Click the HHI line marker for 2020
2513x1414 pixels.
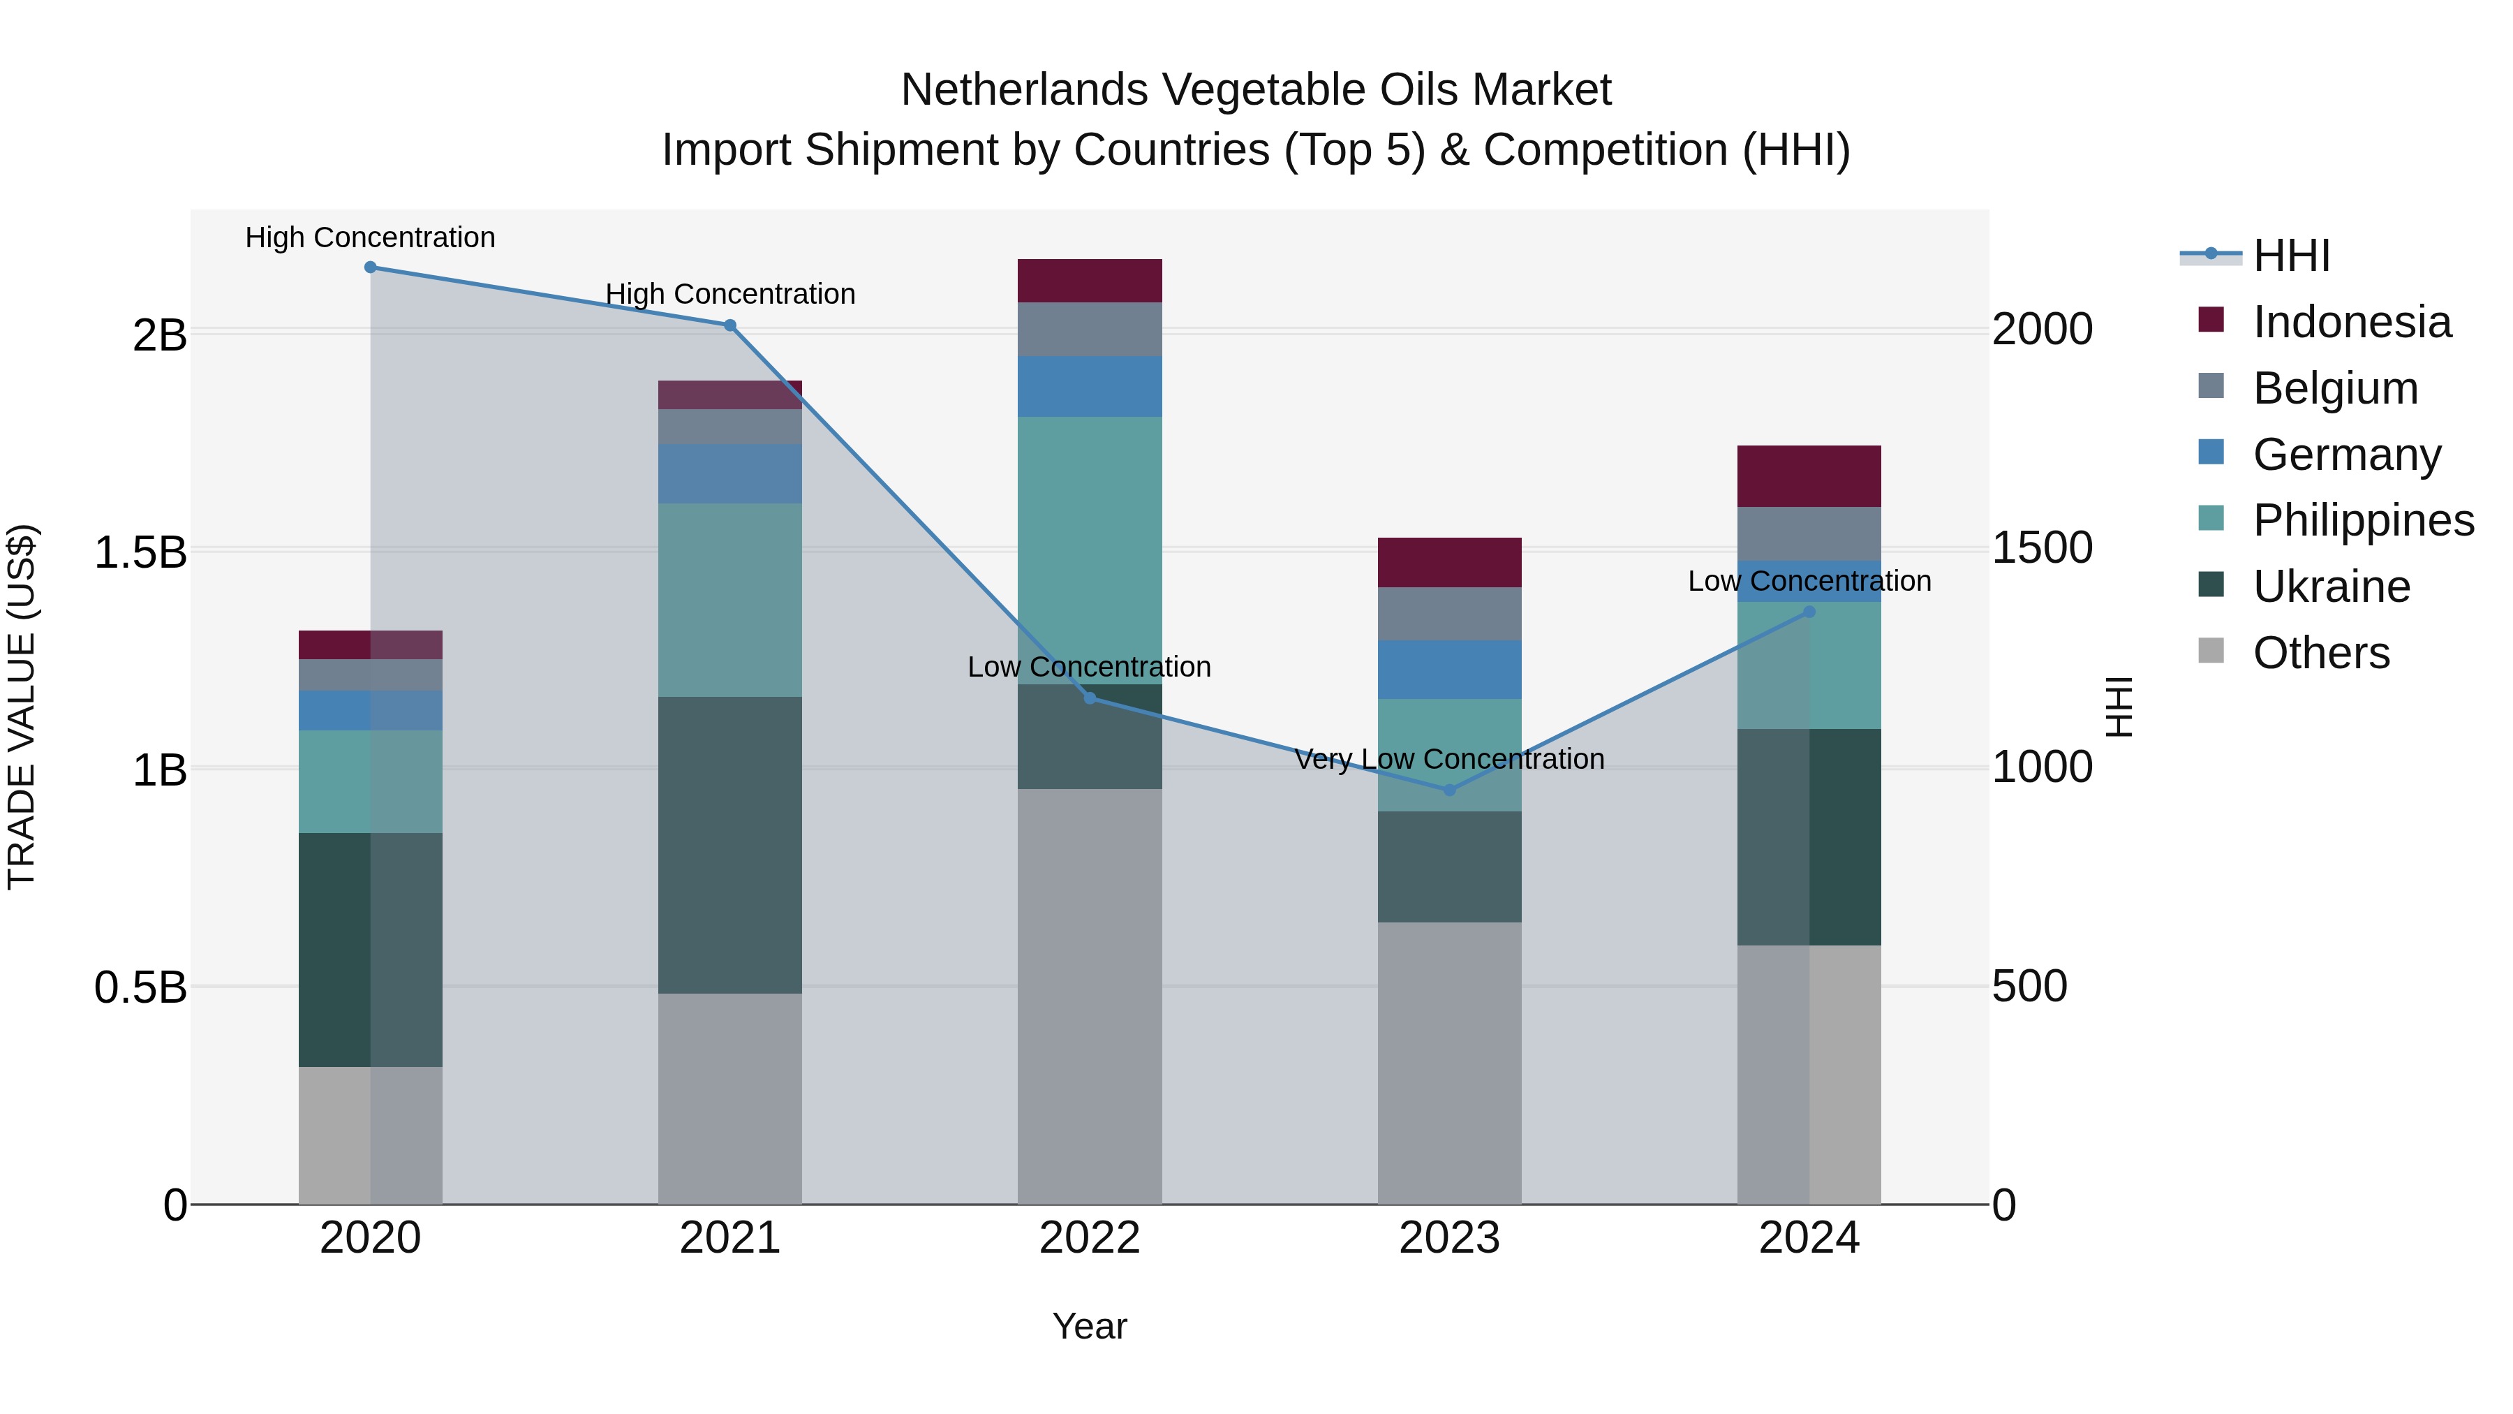point(371,267)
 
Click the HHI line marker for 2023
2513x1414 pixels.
point(1450,790)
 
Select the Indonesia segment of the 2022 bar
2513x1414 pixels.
point(1090,281)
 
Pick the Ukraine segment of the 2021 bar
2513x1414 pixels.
point(729,845)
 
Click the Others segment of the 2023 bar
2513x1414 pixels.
point(1450,1063)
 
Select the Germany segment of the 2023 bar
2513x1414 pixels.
point(1450,670)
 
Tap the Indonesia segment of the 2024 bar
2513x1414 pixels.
point(1809,476)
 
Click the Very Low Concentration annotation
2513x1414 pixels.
point(1450,759)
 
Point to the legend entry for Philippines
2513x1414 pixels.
point(2363,520)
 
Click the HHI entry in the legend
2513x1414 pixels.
point(2290,256)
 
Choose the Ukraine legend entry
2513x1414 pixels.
point(2331,587)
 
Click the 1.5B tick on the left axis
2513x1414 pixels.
point(140,552)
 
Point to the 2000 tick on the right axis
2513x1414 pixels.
point(2042,329)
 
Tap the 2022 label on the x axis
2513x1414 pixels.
point(1090,1238)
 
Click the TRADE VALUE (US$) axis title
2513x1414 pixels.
point(22,707)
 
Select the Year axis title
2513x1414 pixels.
point(1090,1326)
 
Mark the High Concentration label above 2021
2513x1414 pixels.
point(729,294)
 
